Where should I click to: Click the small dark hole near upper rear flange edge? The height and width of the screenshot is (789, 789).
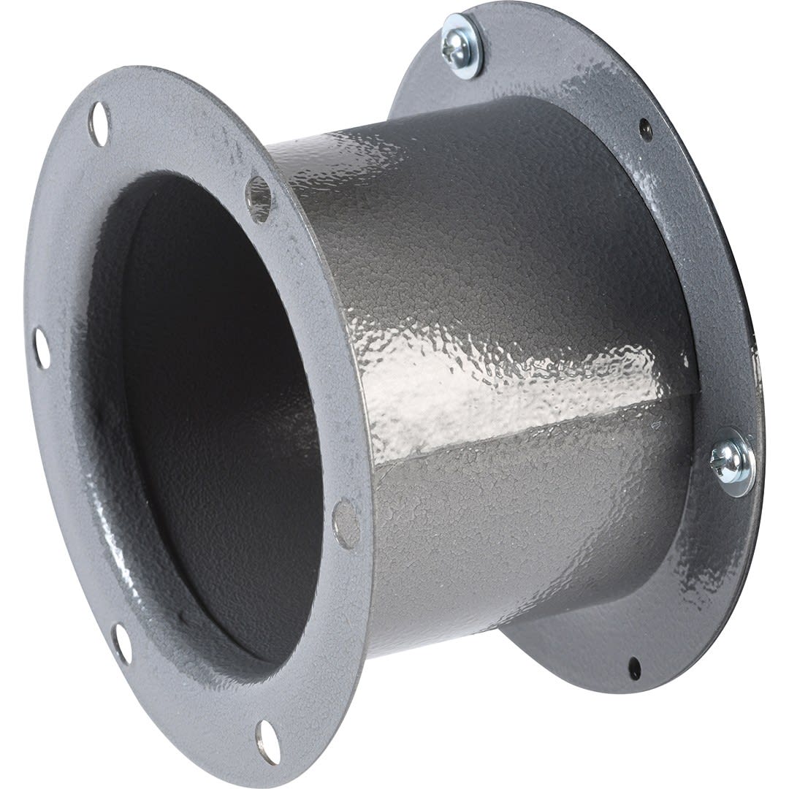(645, 129)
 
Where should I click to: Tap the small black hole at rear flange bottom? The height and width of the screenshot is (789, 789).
(634, 668)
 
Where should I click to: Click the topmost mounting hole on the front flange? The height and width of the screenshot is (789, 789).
(99, 123)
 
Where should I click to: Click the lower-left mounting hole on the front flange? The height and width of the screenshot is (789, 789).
(122, 644)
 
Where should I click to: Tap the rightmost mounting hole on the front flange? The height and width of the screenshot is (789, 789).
(346, 524)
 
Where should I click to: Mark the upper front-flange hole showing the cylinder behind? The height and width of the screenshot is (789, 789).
(259, 198)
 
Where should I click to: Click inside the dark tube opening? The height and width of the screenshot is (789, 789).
(212, 409)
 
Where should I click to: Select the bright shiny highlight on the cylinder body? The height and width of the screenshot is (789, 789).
(468, 380)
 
